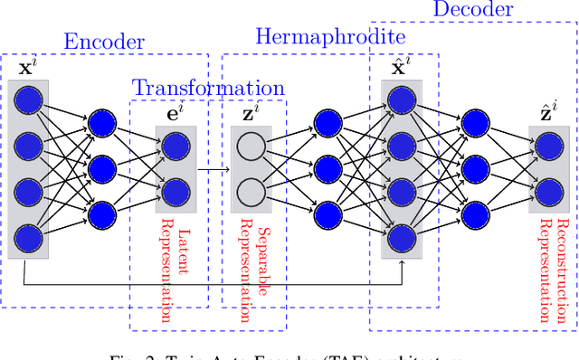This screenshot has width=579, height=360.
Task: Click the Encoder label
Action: click(103, 42)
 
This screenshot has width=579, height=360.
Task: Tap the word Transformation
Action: click(208, 88)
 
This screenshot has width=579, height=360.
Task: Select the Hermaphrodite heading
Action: click(329, 37)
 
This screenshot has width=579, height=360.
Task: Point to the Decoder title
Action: click(472, 10)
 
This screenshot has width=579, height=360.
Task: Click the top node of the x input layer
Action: click(30, 98)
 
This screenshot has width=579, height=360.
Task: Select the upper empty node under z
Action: click(250, 145)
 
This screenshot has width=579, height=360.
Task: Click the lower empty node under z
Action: click(250, 192)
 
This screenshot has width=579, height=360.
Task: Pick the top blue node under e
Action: click(175, 145)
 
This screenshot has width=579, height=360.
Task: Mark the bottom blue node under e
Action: click(175, 192)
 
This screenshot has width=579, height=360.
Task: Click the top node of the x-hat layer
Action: click(403, 98)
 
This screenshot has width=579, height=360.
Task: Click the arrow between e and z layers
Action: click(214, 168)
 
